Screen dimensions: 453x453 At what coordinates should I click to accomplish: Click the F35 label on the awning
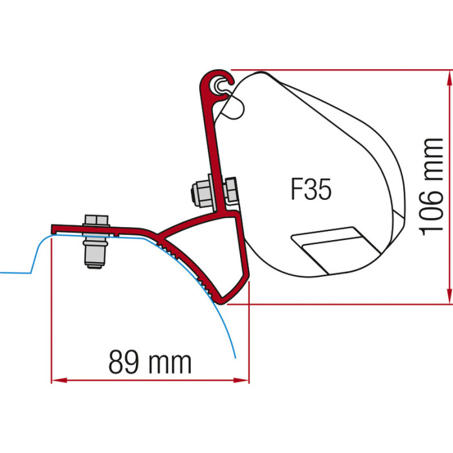click(x=311, y=189)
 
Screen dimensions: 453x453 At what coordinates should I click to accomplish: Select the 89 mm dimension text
click(x=150, y=362)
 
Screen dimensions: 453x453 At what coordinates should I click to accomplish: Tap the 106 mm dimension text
click(x=431, y=187)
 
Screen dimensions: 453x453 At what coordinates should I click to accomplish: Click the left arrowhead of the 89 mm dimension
click(x=59, y=381)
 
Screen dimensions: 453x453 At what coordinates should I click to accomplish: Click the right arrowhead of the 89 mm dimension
click(x=241, y=381)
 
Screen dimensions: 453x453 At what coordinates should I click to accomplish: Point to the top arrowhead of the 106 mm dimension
click(x=449, y=78)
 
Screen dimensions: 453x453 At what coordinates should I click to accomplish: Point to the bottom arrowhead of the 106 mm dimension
click(x=449, y=296)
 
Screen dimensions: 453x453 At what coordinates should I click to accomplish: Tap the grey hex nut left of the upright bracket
click(x=202, y=193)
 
